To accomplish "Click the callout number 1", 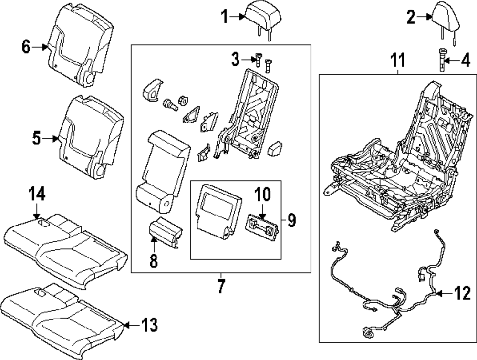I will click(225, 17).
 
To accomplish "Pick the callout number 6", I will click(26, 47).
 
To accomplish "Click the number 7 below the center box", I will click(221, 287).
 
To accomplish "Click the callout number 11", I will click(398, 61).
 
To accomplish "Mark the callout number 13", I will click(149, 326).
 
